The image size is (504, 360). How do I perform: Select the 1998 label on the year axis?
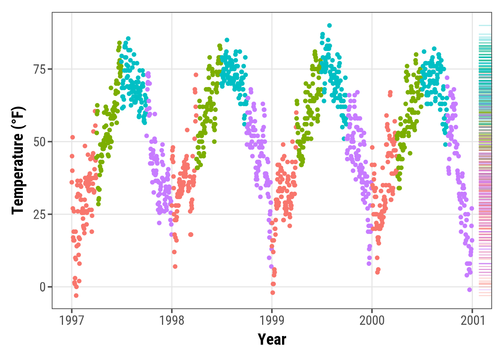click(x=172, y=321)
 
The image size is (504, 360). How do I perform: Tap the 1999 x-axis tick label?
click(x=272, y=321)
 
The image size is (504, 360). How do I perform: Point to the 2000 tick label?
click(x=372, y=321)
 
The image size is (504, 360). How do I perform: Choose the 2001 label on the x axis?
click(x=472, y=321)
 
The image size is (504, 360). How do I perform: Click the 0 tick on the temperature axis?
click(x=42, y=287)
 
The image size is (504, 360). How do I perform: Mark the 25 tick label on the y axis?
click(x=39, y=214)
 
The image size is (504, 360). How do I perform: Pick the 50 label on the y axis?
click(x=39, y=142)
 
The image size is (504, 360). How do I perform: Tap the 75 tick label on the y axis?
click(x=39, y=70)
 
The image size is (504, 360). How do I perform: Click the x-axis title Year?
click(x=272, y=339)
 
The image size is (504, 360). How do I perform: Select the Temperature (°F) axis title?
click(x=18, y=160)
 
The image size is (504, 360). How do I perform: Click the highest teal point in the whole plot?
click(x=329, y=25)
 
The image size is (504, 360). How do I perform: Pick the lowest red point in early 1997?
click(x=76, y=295)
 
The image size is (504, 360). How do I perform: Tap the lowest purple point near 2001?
click(x=469, y=289)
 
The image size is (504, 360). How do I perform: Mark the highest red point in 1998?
click(x=196, y=75)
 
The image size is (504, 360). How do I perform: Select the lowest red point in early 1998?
click(x=175, y=267)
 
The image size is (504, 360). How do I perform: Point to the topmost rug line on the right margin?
click(x=485, y=25)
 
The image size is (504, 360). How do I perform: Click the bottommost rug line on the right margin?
click(x=485, y=295)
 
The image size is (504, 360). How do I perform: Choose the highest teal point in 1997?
click(x=128, y=39)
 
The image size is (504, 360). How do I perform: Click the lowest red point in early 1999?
click(x=273, y=292)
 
